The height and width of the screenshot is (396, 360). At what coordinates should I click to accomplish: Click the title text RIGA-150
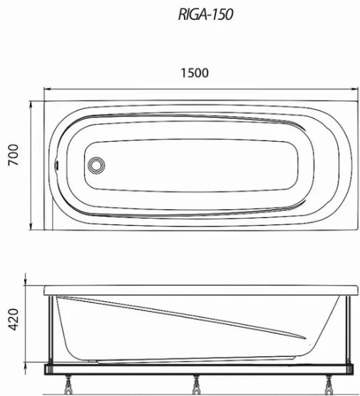coord(205,14)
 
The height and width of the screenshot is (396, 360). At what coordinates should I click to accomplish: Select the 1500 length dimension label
coord(195,73)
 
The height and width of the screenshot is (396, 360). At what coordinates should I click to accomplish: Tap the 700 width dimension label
coord(14,155)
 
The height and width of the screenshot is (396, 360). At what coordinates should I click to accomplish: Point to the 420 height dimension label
coord(14,319)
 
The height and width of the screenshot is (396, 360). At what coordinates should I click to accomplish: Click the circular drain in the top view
coord(96,165)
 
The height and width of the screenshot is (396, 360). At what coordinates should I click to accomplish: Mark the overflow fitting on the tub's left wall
coord(56,165)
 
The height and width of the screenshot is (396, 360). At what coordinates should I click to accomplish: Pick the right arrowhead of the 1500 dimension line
coord(355,89)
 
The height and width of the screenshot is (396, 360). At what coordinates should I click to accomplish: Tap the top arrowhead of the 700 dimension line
coord(31,104)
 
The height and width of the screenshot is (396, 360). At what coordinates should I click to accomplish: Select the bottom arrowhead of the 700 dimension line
coord(31,226)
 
